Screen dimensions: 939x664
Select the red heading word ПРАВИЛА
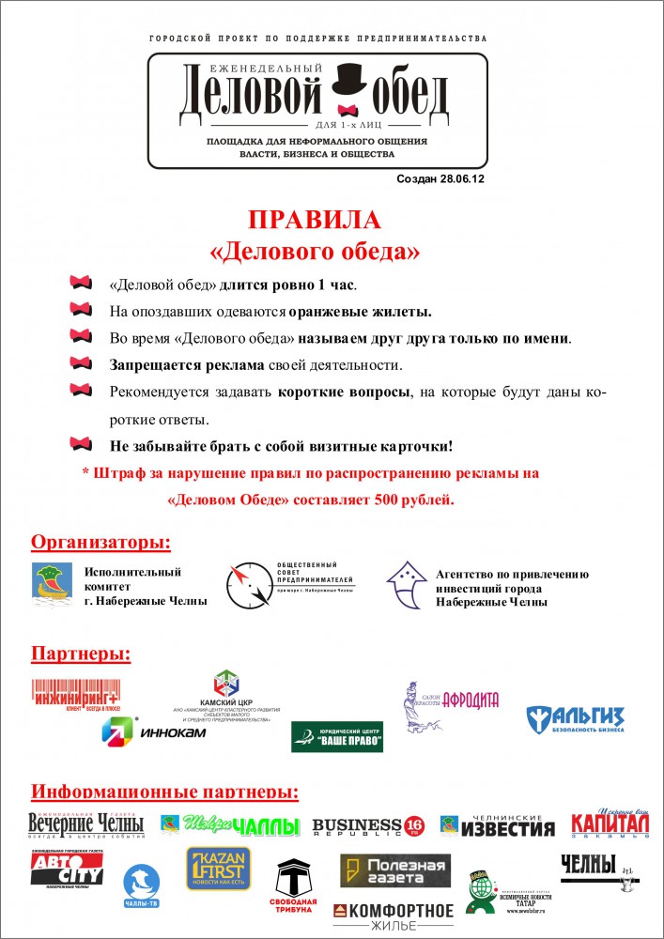click(x=314, y=221)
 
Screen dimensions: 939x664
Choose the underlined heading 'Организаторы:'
click(x=101, y=543)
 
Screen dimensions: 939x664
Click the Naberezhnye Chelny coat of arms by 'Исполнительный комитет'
click(x=52, y=585)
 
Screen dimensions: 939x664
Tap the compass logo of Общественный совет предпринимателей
click(x=245, y=584)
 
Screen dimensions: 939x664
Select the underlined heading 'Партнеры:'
click(x=81, y=653)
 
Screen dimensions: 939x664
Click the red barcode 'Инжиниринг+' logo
click(x=75, y=696)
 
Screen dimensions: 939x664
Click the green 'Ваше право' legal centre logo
click(x=336, y=737)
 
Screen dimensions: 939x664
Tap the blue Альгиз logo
click(x=575, y=720)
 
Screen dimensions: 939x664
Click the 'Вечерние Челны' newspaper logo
click(x=85, y=824)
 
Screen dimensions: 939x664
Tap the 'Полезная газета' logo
click(x=394, y=870)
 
